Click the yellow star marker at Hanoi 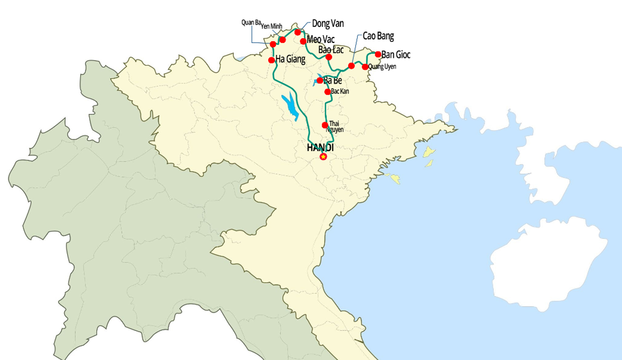[323, 156]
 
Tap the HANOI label [320, 148]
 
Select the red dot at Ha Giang [272, 60]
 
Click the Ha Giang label [290, 59]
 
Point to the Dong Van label [327, 24]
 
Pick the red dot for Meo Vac [303, 41]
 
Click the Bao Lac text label [331, 49]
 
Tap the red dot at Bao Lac [329, 57]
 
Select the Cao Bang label [378, 36]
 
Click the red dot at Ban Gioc [378, 54]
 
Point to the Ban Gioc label [396, 55]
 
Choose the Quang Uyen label [382, 67]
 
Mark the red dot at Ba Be [320, 81]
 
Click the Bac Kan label [340, 91]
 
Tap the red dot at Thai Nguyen [325, 125]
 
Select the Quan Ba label [251, 22]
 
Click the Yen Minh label [271, 26]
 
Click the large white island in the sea [549, 262]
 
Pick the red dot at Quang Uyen [365, 67]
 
